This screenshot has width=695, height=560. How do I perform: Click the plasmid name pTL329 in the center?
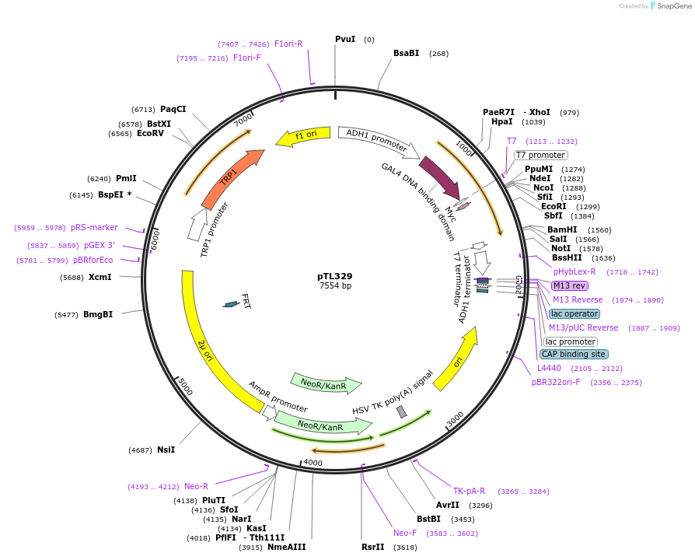(x=335, y=276)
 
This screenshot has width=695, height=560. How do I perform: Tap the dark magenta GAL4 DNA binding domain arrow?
(x=439, y=178)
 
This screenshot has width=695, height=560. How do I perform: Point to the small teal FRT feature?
(x=230, y=303)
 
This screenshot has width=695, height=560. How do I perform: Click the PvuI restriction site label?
(x=345, y=39)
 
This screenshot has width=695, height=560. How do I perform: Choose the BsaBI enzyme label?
(x=406, y=53)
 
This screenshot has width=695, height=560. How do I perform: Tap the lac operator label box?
(x=575, y=313)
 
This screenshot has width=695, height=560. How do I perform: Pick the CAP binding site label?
(x=574, y=354)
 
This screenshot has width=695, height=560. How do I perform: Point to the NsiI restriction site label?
(x=166, y=450)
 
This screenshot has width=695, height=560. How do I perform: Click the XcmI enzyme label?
(x=100, y=277)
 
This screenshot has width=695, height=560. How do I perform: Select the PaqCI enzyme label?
(x=173, y=109)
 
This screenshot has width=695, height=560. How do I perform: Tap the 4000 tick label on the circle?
(x=313, y=462)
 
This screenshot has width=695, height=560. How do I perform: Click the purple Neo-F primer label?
(x=405, y=533)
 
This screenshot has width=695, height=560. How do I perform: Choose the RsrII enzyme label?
(x=372, y=547)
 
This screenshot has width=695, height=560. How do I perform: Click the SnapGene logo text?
(x=671, y=6)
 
